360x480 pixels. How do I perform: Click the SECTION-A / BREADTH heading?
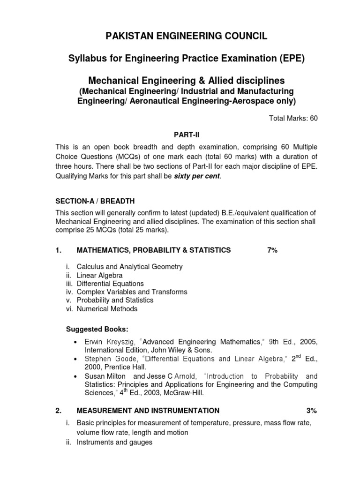click(95, 201)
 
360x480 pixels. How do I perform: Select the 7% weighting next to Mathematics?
click(272, 250)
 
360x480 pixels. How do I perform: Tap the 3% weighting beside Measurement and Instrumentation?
click(312, 411)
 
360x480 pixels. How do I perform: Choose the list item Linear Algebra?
click(100, 275)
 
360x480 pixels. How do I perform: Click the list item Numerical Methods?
click(107, 308)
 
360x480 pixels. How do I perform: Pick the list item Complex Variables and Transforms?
click(132, 292)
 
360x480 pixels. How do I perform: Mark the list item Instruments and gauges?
click(114, 442)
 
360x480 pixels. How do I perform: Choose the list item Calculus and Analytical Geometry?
click(129, 267)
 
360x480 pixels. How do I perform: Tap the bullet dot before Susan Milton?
click(76, 376)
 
